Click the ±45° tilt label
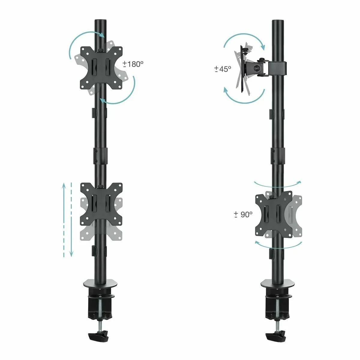[223, 69]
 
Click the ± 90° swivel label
[243, 214]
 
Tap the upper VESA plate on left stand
[101, 67]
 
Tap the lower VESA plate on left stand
[101, 204]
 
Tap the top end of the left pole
[100, 22]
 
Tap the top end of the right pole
[276, 22]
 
